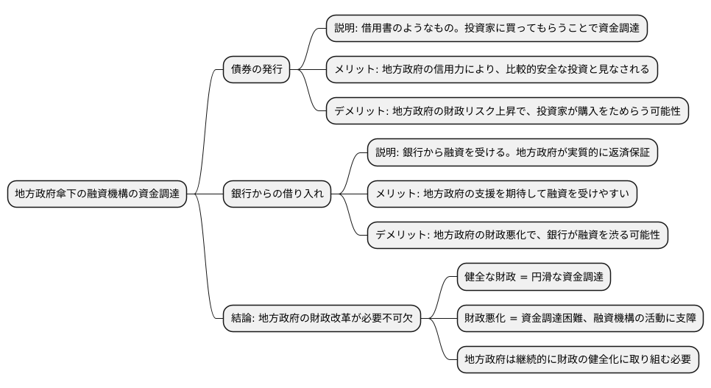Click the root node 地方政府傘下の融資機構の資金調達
coord(97,194)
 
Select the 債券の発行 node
coord(256,70)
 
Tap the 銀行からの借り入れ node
coord(277,194)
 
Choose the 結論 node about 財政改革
coord(322,319)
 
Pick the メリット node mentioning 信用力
coord(492,70)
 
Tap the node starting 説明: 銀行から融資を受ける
coord(512,153)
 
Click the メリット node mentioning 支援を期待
coord(502,194)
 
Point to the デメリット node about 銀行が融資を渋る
coord(517,236)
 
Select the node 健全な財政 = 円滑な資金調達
coord(534,278)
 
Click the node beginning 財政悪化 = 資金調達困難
coord(580,319)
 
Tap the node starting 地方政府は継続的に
coord(577,360)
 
